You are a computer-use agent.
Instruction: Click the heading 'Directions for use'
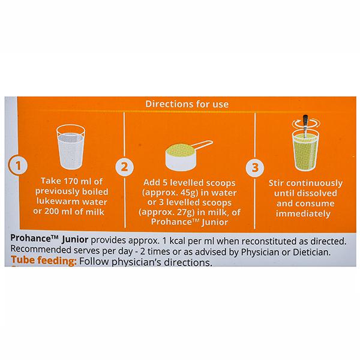tap(187, 104)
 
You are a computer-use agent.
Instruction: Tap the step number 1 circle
tap(18, 165)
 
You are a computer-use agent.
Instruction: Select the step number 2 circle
tap(124, 167)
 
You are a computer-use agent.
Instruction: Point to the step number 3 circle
tap(255, 167)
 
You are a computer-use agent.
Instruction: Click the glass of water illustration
tap(71, 147)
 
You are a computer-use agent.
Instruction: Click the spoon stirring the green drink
tap(305, 126)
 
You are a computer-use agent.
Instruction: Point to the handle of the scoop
tap(202, 145)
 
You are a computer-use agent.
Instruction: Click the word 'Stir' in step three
tap(276, 183)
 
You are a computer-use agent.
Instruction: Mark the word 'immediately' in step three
tap(303, 214)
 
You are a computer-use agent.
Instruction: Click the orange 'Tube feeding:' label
tap(44, 260)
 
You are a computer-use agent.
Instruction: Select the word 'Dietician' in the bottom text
tap(311, 252)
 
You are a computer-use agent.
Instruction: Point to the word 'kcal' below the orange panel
tap(178, 241)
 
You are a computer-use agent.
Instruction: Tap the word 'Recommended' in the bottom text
tap(41, 250)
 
